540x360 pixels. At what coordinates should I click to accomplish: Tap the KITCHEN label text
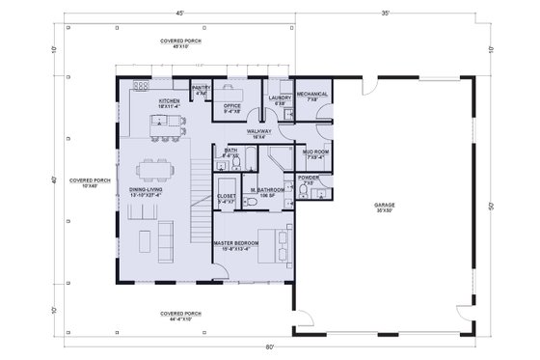click(x=171, y=101)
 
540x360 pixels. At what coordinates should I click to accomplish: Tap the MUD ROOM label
click(x=316, y=152)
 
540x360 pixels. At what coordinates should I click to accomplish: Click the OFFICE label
click(x=231, y=107)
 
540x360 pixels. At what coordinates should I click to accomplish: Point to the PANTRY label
click(x=202, y=90)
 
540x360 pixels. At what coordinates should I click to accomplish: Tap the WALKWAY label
click(x=258, y=132)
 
